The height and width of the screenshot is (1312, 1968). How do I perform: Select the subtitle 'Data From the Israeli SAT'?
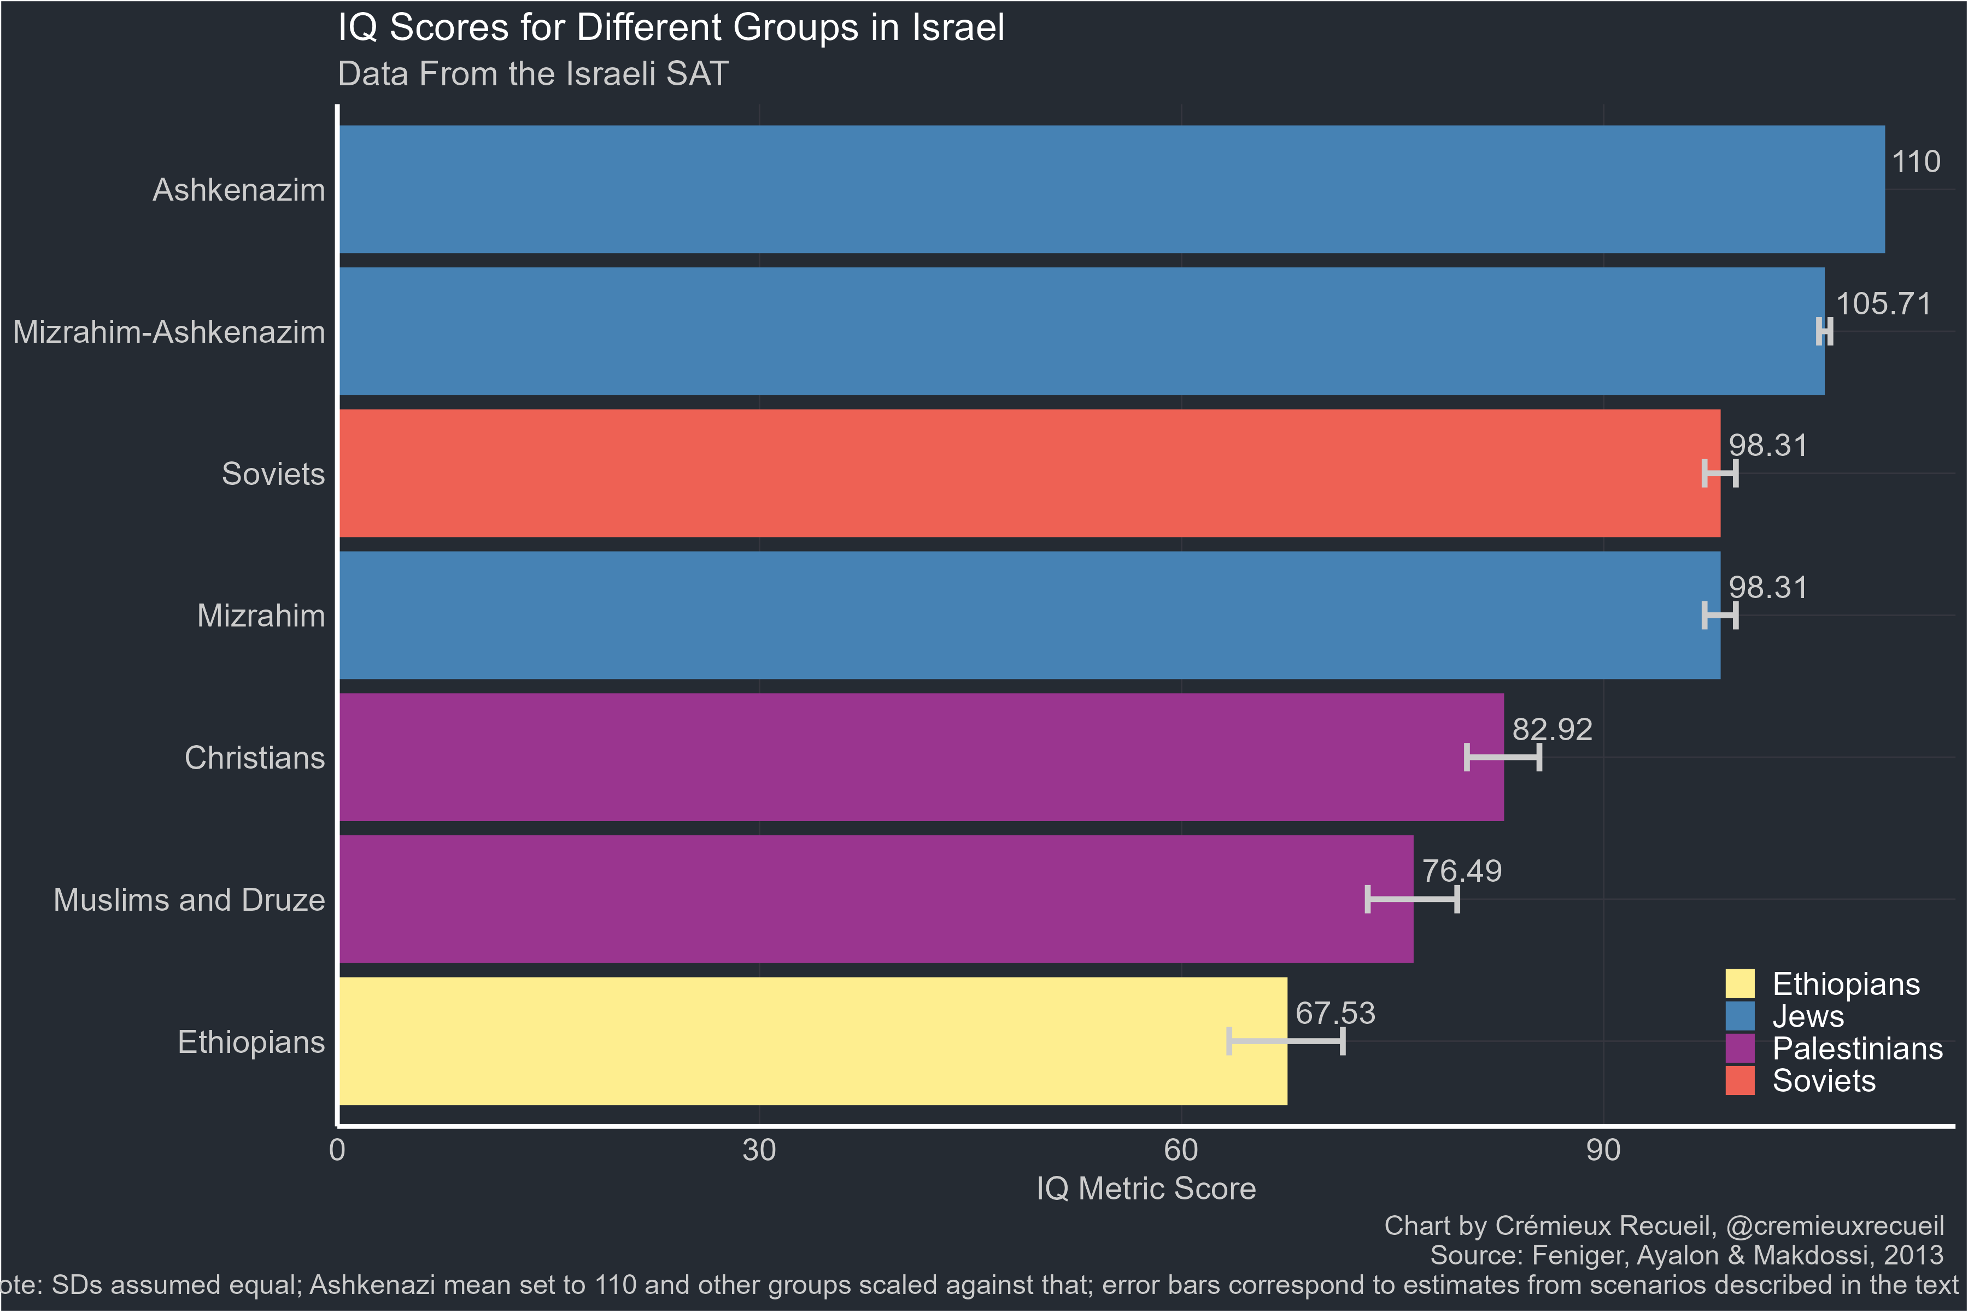coord(533,74)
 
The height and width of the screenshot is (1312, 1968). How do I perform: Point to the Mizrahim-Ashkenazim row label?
coord(169,332)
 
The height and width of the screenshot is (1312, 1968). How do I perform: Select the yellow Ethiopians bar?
coord(812,1041)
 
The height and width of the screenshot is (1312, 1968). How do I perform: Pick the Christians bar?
coord(921,757)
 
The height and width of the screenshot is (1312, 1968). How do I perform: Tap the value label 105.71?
coord(1883,304)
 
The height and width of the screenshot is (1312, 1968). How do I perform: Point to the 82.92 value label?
coord(1552,730)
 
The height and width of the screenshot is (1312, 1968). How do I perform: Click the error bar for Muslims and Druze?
coord(1413,899)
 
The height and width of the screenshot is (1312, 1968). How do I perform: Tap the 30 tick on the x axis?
coord(759,1151)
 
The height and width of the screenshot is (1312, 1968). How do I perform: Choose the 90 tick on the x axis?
coord(1602,1151)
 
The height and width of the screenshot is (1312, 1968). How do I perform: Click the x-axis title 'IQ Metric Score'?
coord(1145,1189)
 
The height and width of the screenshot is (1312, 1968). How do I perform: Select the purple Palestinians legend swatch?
coord(1739,1049)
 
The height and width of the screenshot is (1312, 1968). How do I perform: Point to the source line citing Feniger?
coord(1686,1255)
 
